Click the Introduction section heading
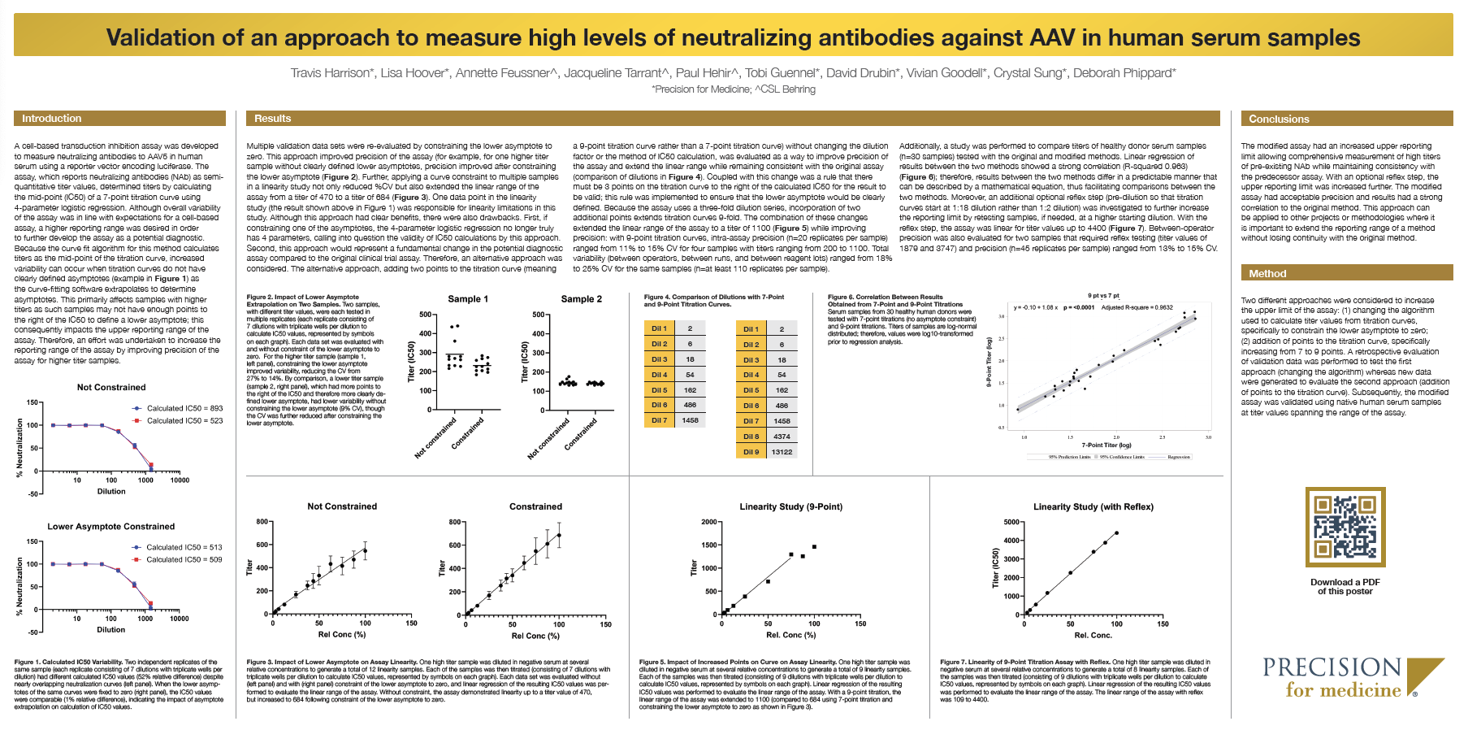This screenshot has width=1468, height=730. [x=52, y=119]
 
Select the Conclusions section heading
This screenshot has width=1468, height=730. [x=1279, y=119]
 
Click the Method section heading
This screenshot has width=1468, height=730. [x=1267, y=274]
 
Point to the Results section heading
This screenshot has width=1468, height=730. [x=272, y=119]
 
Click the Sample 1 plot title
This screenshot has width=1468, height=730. [x=468, y=299]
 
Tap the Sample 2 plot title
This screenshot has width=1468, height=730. [x=581, y=299]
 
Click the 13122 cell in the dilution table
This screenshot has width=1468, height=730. [x=782, y=452]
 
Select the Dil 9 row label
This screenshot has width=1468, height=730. [x=751, y=452]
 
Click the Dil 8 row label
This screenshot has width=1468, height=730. [x=751, y=437]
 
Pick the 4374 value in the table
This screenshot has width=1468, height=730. [x=782, y=437]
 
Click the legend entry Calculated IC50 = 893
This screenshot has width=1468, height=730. [x=184, y=408]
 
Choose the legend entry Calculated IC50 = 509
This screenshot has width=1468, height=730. [x=184, y=559]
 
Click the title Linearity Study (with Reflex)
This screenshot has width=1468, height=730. [x=1093, y=507]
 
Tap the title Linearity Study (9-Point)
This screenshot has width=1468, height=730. [x=790, y=507]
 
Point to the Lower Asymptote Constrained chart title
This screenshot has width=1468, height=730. [x=111, y=527]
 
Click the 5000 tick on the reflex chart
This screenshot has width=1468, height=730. [x=1011, y=522]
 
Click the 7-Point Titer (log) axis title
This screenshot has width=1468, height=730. [x=1106, y=445]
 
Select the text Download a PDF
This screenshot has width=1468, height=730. [x=1345, y=582]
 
